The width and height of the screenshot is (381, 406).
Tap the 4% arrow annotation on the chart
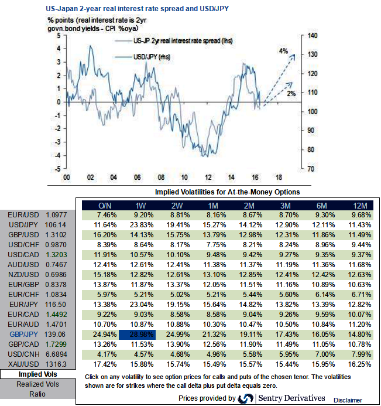click(283, 52)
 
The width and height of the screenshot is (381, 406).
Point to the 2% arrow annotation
click(291, 93)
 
